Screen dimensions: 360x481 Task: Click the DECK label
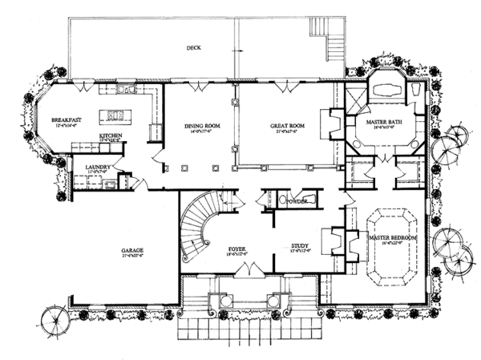tap(192, 47)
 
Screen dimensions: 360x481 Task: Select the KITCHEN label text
tap(111, 136)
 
